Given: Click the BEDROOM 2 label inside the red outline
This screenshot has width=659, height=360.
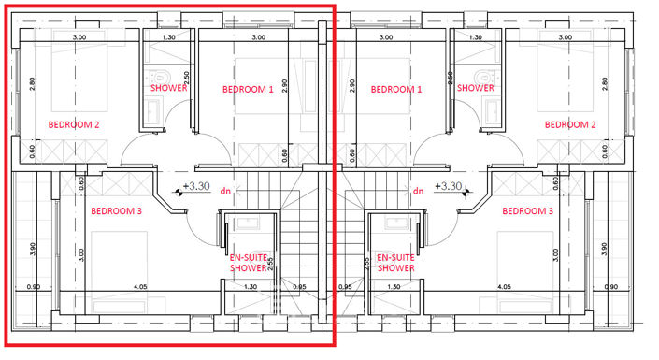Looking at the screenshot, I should (74, 123).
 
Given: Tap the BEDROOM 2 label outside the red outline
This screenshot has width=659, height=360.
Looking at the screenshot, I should (569, 123).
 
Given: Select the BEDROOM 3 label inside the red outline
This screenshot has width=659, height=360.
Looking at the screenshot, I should (116, 210).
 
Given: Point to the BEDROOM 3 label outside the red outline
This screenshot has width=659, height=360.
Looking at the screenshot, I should (527, 210).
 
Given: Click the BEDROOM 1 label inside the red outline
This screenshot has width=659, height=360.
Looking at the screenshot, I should (248, 90).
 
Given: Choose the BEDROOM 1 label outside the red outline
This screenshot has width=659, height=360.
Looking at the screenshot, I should (396, 90).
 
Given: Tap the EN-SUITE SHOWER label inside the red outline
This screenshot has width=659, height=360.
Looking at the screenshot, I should (248, 262).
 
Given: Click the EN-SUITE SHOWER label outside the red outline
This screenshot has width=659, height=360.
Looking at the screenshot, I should (395, 262).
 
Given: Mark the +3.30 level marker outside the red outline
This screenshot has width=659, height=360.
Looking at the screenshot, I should (451, 186).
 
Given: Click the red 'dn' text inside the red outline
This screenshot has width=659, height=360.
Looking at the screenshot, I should (224, 192).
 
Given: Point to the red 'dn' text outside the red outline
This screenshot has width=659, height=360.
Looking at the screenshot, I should (418, 192).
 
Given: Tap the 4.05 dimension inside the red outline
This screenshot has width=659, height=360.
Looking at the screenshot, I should (139, 286).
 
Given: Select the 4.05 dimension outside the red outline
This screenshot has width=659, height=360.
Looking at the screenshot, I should (504, 286).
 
